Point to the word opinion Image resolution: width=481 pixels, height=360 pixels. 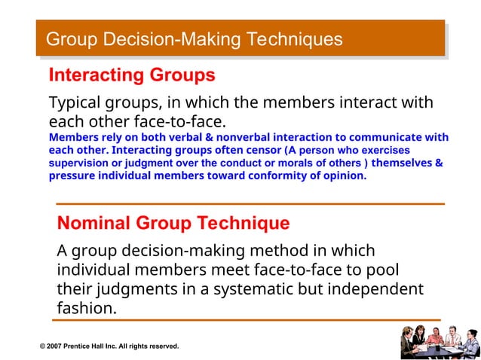[x=343, y=176]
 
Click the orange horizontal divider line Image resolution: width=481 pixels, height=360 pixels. [x=250, y=203]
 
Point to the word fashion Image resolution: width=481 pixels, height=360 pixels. [x=85, y=309]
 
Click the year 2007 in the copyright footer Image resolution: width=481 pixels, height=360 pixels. [x=59, y=346]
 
